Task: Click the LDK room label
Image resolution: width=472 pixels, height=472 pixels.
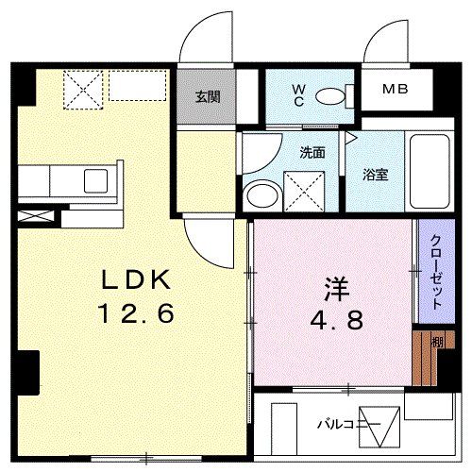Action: (136, 279)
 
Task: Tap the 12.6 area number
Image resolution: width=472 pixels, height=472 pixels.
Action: (136, 312)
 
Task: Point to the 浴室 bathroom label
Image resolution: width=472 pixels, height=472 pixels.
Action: (376, 175)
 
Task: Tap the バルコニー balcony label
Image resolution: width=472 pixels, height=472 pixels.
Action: (348, 425)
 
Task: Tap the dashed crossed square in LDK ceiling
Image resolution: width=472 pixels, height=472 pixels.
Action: (82, 91)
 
